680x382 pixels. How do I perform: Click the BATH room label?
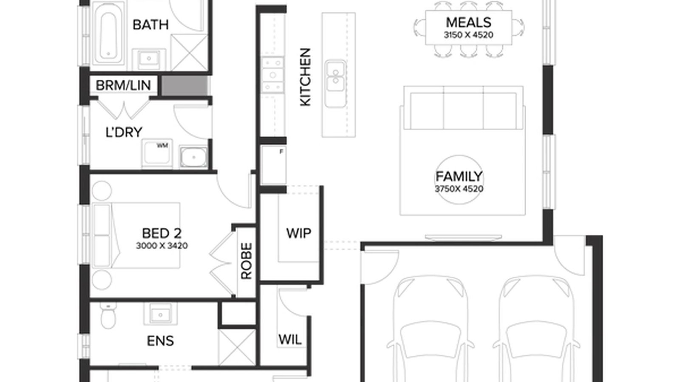[150, 25]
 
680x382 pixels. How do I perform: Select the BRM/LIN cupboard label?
[123, 85]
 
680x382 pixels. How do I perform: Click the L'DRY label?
[124, 132]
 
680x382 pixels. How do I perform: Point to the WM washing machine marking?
[162, 146]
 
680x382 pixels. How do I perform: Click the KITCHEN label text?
[306, 77]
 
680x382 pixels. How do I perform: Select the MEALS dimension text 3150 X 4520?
[468, 35]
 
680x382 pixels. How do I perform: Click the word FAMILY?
[459, 177]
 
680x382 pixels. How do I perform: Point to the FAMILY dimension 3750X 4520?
[459, 189]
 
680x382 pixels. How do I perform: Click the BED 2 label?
[162, 233]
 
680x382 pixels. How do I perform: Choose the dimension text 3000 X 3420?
[162, 246]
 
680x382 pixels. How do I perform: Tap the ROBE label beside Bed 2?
[246, 261]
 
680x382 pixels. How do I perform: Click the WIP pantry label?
[298, 233]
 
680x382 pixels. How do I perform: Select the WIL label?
[290, 340]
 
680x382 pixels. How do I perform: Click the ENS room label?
[160, 341]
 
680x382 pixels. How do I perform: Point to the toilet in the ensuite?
[108, 316]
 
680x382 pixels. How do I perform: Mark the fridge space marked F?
[274, 165]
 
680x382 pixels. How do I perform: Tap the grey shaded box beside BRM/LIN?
[184, 85]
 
